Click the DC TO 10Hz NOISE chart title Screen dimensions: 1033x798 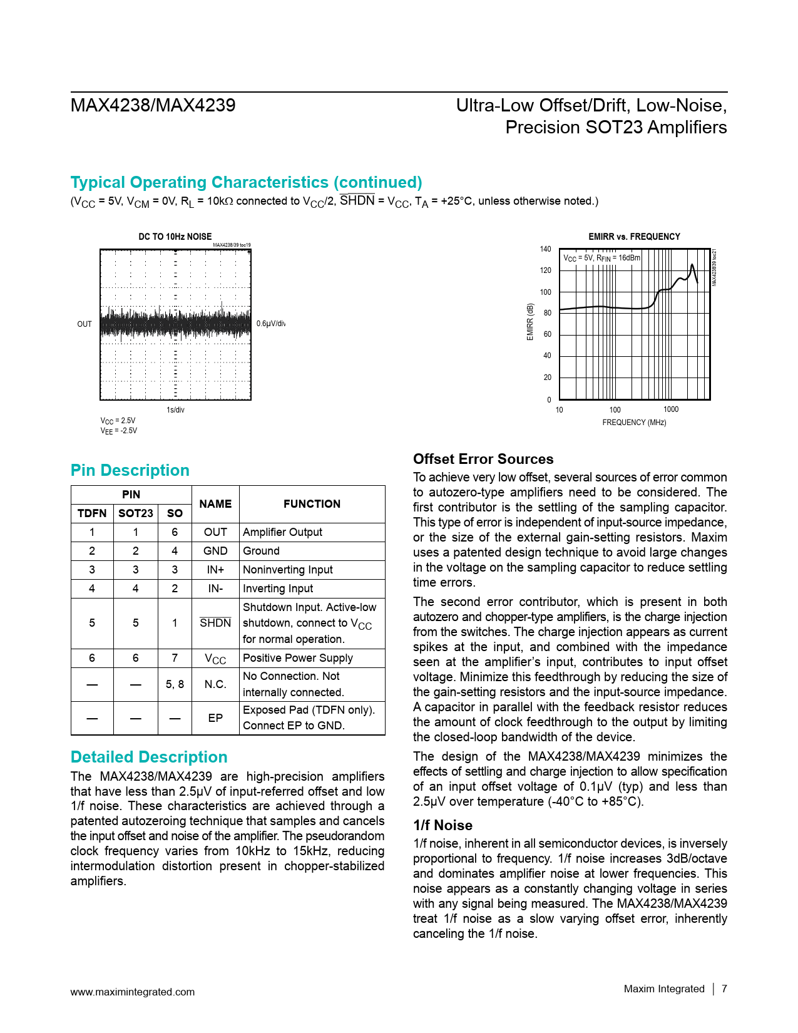pyautogui.click(x=175, y=237)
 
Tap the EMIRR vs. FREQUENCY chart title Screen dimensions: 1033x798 pyautogui.click(x=633, y=237)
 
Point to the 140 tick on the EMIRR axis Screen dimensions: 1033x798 pyautogui.click(x=545, y=249)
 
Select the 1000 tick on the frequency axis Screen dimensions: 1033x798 pyautogui.click(x=670, y=409)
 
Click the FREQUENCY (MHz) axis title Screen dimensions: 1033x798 pyautogui.click(x=633, y=423)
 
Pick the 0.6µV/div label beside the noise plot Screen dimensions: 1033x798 pyautogui.click(x=270, y=324)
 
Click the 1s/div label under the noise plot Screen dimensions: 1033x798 pyautogui.click(x=175, y=410)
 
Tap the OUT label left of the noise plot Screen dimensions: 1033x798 pyautogui.click(x=84, y=324)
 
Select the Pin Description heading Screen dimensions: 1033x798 pyautogui.click(x=130, y=470)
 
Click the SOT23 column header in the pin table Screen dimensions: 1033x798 pyautogui.click(x=135, y=513)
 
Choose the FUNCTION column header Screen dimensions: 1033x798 pyautogui.click(x=312, y=504)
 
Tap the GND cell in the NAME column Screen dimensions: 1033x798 pyautogui.click(x=215, y=551)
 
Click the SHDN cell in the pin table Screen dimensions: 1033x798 pyautogui.click(x=215, y=623)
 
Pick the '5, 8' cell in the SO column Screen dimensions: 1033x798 pyautogui.click(x=175, y=684)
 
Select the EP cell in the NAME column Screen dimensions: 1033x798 pyautogui.click(x=215, y=718)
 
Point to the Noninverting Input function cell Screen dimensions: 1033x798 pyautogui.click(x=287, y=570)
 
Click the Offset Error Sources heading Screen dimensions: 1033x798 pyautogui.click(x=483, y=459)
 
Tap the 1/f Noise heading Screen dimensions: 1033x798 pyautogui.click(x=442, y=825)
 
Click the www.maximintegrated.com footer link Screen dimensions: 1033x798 pyautogui.click(x=132, y=992)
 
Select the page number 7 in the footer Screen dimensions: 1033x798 pyautogui.click(x=724, y=989)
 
